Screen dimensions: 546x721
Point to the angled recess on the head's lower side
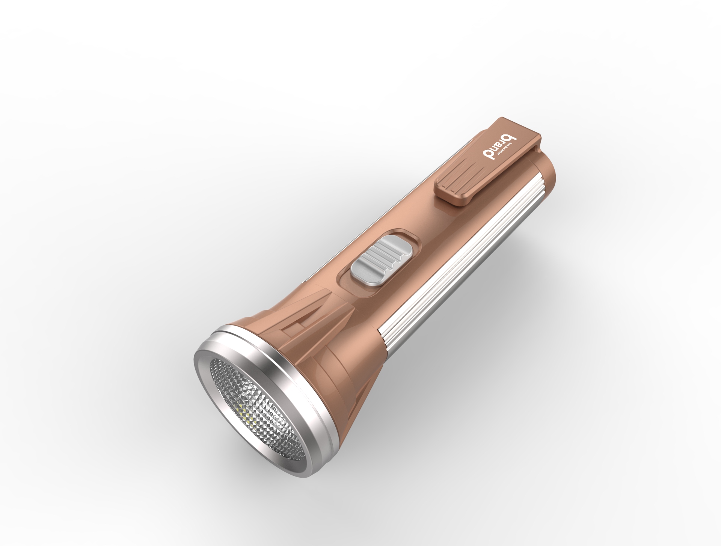[360, 398]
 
